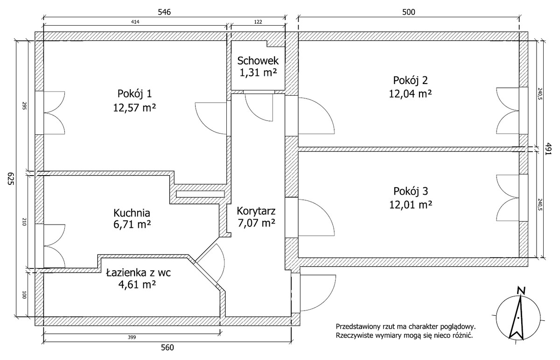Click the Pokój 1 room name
134,94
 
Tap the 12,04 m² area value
410,94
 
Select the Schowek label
258,61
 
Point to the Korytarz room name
256,211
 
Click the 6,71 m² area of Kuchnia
132,225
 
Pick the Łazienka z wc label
138,272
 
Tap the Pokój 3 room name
411,191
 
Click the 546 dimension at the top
164,12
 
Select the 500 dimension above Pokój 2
408,12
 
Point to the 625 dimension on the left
11,178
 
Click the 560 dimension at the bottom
167,347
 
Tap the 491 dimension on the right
548,149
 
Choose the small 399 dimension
132,337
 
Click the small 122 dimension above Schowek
258,22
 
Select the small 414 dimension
135,22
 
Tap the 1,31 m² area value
258,73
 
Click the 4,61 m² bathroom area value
137,284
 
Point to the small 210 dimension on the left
24,222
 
